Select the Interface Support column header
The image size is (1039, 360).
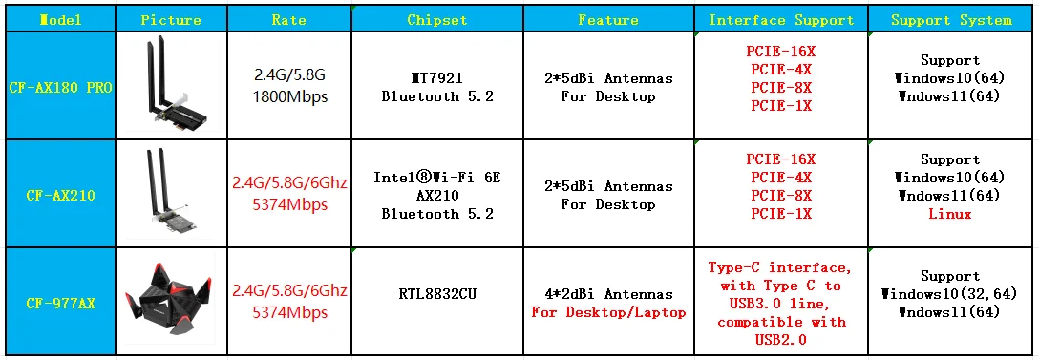[781, 21]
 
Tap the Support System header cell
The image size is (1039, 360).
[951, 21]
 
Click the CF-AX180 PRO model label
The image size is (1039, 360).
[60, 87]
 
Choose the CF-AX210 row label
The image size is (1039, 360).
[60, 196]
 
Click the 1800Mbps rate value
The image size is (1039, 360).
[289, 96]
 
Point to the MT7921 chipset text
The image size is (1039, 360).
[437, 78]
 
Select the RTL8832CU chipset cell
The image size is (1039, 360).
[437, 294]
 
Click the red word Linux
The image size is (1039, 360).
[950, 214]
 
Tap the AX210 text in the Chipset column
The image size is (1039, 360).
[437, 196]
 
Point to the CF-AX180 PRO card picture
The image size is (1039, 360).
[172, 84]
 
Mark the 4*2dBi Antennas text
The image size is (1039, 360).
[608, 294]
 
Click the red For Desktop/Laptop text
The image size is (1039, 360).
[608, 312]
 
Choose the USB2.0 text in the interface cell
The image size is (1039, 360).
[781, 340]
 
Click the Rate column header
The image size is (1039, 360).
[289, 21]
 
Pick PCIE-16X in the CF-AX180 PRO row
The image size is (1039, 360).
[781, 51]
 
